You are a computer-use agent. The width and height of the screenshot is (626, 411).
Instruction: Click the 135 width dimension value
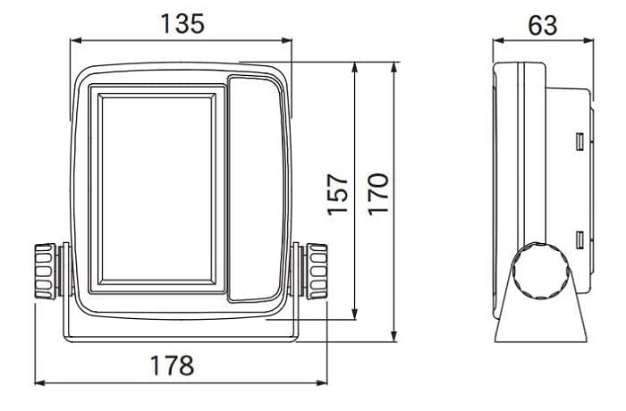(x=182, y=23)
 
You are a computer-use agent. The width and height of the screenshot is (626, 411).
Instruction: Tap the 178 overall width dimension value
(x=172, y=365)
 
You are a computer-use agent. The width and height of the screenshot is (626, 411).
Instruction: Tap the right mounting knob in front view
(x=316, y=271)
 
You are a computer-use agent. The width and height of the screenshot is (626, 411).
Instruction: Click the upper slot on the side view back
(x=579, y=141)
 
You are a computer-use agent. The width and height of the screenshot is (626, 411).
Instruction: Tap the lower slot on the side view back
(x=579, y=239)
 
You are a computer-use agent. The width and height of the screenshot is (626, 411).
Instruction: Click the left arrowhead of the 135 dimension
(x=75, y=40)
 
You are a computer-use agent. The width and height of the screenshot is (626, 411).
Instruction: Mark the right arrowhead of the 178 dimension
(x=323, y=383)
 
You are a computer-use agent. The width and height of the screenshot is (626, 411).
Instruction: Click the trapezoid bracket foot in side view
(x=541, y=317)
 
